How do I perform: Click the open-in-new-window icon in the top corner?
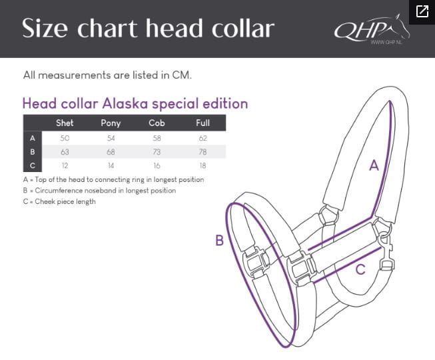pyautogui.click(x=422, y=11)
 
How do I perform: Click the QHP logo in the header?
pyautogui.click(x=372, y=30)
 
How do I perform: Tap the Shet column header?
pyautogui.click(x=65, y=123)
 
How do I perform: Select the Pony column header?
pyautogui.click(x=111, y=123)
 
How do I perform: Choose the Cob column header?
pyautogui.click(x=157, y=123)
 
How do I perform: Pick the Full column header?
pyautogui.click(x=203, y=123)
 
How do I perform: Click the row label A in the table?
pyautogui.click(x=33, y=138)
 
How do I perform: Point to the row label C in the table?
pyautogui.click(x=33, y=165)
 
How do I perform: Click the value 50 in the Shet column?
pyautogui.click(x=65, y=138)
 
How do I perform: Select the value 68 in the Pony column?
pyautogui.click(x=111, y=152)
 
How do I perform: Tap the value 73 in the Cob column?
pyautogui.click(x=157, y=152)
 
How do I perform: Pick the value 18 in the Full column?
pyautogui.click(x=203, y=165)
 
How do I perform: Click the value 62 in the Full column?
pyautogui.click(x=203, y=138)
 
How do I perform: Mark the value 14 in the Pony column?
pyautogui.click(x=111, y=165)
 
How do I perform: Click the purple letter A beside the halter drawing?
pyautogui.click(x=374, y=165)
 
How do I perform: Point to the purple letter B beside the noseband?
pyautogui.click(x=219, y=240)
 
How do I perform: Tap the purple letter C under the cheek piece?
pyautogui.click(x=360, y=269)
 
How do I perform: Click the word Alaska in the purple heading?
pyautogui.click(x=125, y=103)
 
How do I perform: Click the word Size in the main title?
pyautogui.click(x=45, y=28)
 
